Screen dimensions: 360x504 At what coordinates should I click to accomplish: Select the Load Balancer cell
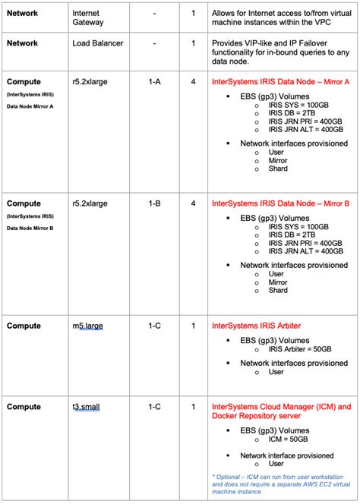(98, 44)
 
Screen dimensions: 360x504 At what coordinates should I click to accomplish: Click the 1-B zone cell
(154, 203)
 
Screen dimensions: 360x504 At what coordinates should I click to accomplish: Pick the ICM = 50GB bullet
(288, 439)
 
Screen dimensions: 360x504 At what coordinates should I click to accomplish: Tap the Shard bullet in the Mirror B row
(278, 290)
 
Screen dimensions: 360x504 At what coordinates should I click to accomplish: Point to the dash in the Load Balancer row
(154, 44)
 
